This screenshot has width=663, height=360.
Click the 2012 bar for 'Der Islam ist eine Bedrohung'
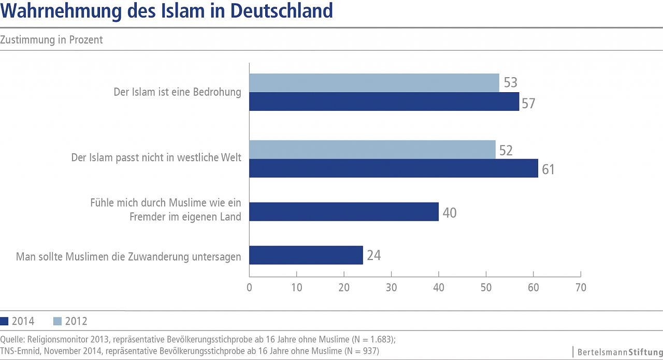[374, 83]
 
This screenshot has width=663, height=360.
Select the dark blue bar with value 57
[384, 102]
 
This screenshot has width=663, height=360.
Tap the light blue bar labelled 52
[372, 150]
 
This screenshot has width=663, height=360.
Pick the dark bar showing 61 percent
[394, 168]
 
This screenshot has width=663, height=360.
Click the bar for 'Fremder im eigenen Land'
[344, 212]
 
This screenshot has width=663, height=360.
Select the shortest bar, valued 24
[306, 255]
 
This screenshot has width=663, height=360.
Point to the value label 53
[510, 83]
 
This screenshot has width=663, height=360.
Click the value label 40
[449, 212]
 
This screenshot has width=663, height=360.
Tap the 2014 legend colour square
[5, 321]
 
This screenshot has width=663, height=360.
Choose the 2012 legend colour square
[57, 321]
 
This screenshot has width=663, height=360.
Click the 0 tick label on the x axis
[250, 287]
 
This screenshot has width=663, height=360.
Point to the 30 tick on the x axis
[392, 287]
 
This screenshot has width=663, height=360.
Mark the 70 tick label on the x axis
[581, 287]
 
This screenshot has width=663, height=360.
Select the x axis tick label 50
[486, 287]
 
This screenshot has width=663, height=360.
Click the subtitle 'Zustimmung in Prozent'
[52, 40]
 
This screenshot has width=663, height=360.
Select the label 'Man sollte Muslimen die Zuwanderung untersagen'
[128, 256]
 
